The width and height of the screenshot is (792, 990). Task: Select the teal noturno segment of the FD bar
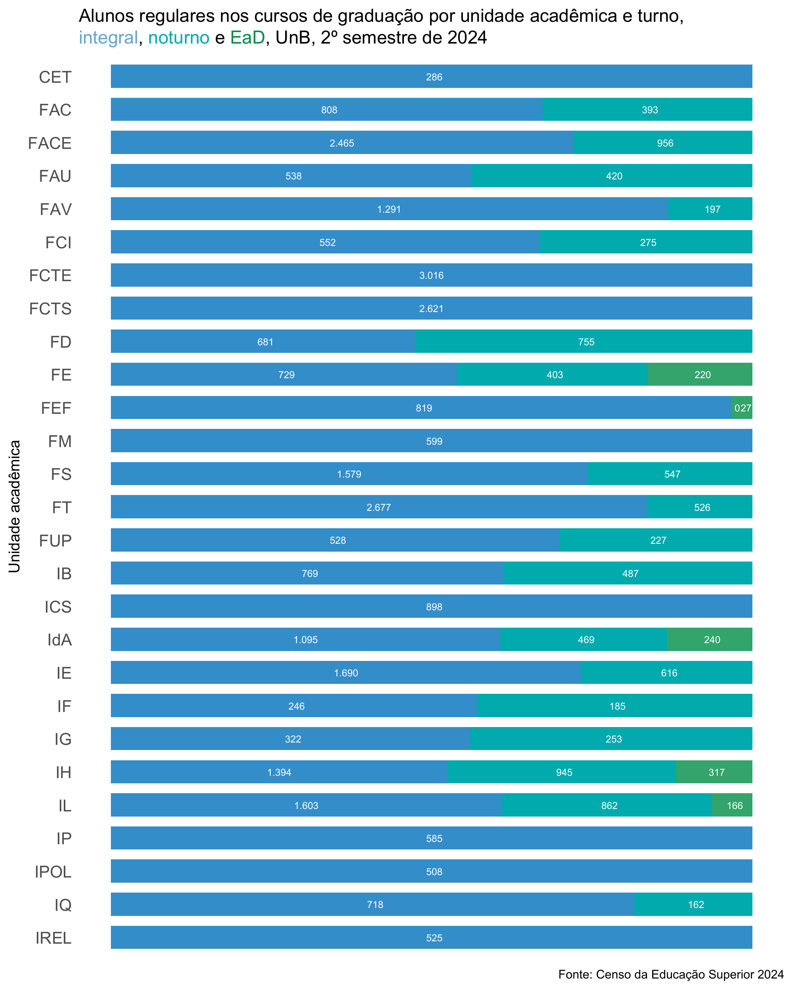point(584,341)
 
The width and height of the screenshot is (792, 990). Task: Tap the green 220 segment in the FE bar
point(700,374)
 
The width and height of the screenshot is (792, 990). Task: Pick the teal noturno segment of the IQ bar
point(693,904)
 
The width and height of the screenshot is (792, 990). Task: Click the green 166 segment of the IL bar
point(732,805)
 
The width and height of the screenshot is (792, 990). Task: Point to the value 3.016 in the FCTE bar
point(431,276)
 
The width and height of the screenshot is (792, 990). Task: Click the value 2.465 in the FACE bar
point(342,143)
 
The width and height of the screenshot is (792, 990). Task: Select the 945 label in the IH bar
point(564,772)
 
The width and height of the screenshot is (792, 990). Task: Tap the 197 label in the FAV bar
point(712,209)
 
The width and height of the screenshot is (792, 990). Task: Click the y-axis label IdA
point(60,640)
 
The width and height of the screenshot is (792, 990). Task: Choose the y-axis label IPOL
point(53,871)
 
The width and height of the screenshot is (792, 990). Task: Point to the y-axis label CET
point(55,77)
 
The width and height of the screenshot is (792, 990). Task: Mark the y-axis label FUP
point(55,541)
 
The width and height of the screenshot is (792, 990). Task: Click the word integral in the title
point(109,38)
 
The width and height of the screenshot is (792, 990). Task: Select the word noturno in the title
point(179,38)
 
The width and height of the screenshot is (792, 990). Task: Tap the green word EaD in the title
point(247,38)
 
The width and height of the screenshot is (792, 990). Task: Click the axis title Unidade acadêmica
point(15,506)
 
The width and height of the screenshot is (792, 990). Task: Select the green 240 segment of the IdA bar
point(709,639)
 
